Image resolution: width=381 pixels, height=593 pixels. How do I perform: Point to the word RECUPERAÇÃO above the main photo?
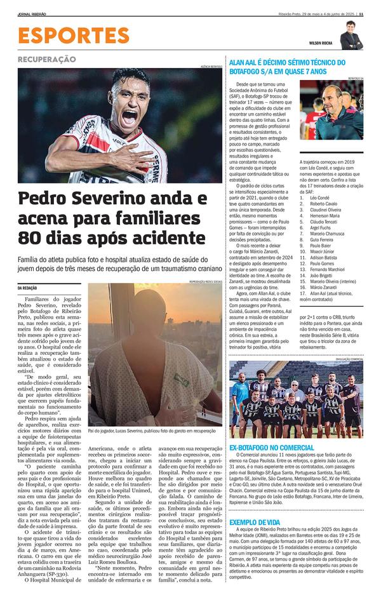pyautogui.click(x=46, y=59)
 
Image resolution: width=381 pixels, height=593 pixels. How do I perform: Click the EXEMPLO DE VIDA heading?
pyautogui.click(x=254, y=522)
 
